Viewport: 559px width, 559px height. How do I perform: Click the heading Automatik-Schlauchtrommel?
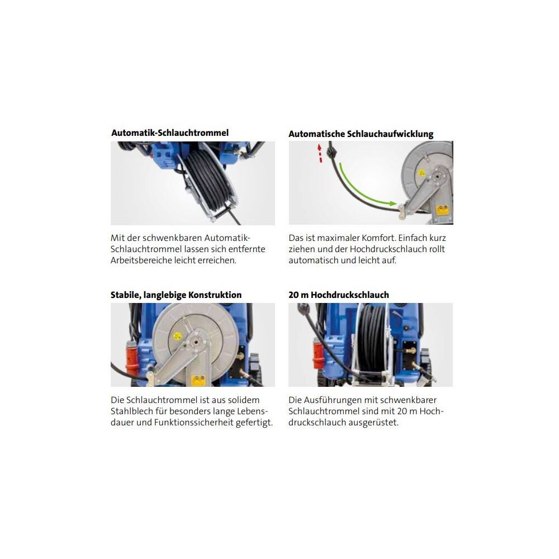tap(170, 133)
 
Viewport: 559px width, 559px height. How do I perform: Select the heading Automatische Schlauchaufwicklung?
tap(361, 134)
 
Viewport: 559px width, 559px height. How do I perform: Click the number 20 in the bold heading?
tap(294, 295)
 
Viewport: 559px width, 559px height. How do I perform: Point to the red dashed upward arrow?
tap(320, 153)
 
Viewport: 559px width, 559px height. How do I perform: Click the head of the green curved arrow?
tap(393, 203)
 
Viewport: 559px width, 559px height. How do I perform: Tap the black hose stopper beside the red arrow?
tap(332, 151)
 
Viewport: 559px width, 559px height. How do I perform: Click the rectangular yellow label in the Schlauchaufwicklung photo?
tap(443, 209)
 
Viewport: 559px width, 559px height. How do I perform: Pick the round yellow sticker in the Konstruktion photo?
tap(177, 336)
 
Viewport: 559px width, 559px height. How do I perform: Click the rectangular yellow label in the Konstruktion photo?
tap(197, 380)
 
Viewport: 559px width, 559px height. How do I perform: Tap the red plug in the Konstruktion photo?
tap(132, 358)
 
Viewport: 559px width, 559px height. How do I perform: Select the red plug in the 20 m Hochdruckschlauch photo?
tap(319, 358)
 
